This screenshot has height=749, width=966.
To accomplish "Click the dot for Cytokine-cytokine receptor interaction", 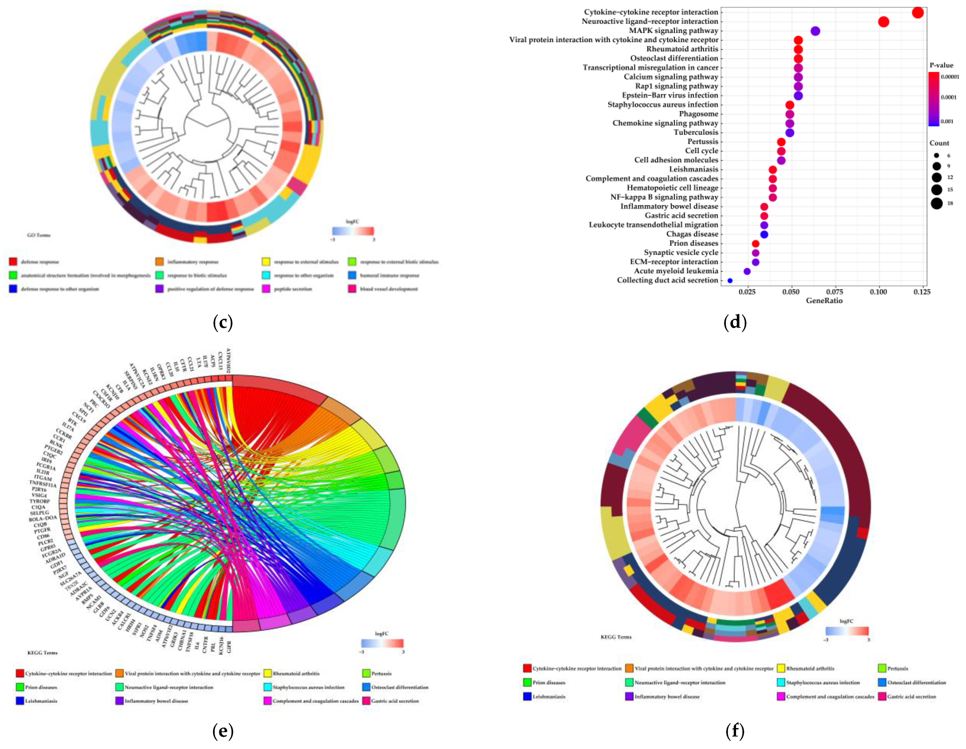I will [x=918, y=12].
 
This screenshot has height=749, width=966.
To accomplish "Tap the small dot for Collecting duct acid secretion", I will [x=730, y=280].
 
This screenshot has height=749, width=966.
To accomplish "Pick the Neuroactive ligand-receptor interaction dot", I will [x=883, y=22].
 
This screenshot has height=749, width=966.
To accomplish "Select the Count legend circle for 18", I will [x=936, y=203].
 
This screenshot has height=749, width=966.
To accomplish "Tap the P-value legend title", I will [x=941, y=65].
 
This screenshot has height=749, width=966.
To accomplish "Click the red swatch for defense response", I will [x=13, y=262].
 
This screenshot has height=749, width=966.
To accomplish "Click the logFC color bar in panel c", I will [x=353, y=231].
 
